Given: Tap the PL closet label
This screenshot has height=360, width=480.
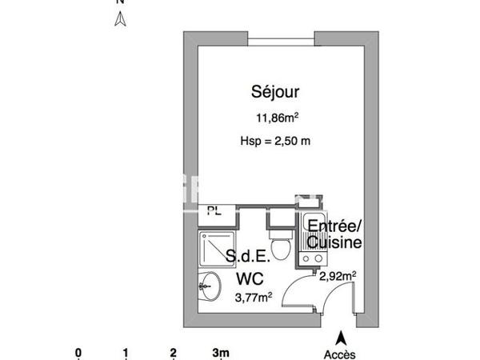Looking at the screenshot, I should pos(214,211).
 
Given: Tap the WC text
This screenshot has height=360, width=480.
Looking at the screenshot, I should pos(250,279).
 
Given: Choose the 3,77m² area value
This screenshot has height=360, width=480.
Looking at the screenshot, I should pos(253,298).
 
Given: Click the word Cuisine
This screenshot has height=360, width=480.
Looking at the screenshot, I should pos(335,242).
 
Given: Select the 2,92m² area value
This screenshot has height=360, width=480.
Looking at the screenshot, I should pos(338,276).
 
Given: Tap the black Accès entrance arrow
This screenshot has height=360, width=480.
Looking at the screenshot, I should pos(341,339).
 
